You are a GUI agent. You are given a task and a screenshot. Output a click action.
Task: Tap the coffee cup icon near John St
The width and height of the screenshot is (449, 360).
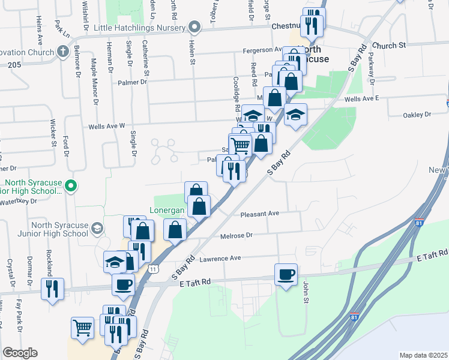point(286,275)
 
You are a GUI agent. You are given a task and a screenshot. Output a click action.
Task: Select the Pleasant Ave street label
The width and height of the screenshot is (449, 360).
point(260,214)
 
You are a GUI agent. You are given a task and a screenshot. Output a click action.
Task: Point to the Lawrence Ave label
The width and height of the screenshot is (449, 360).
point(220,258)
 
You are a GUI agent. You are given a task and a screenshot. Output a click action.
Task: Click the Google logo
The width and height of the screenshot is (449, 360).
point(19,353)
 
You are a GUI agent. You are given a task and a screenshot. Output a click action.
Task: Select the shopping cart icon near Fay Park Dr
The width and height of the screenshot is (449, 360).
point(82,328)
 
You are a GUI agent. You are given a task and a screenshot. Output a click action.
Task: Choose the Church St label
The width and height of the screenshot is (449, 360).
point(389,45)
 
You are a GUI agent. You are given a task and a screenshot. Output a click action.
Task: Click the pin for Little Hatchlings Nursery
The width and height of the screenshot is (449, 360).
point(194,26)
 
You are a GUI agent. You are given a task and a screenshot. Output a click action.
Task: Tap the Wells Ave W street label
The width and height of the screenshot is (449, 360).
point(106,127)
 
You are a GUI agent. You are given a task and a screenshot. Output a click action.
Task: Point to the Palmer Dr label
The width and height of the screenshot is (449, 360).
point(132,82)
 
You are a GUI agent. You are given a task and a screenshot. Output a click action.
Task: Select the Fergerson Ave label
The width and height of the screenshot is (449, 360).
point(262,50)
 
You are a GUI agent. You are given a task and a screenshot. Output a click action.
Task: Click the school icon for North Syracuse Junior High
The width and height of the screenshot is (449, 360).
point(97,228)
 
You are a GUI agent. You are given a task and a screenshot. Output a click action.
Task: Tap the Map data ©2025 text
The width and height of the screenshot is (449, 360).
point(423,355)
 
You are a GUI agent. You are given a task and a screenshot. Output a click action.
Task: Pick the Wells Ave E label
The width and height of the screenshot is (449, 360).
point(363,98)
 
